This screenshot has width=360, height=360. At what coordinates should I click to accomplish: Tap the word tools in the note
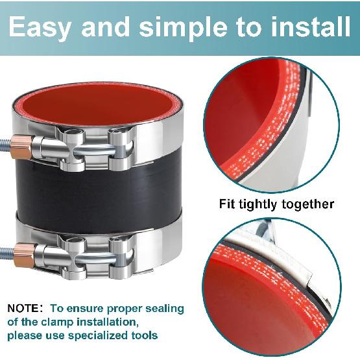143,335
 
